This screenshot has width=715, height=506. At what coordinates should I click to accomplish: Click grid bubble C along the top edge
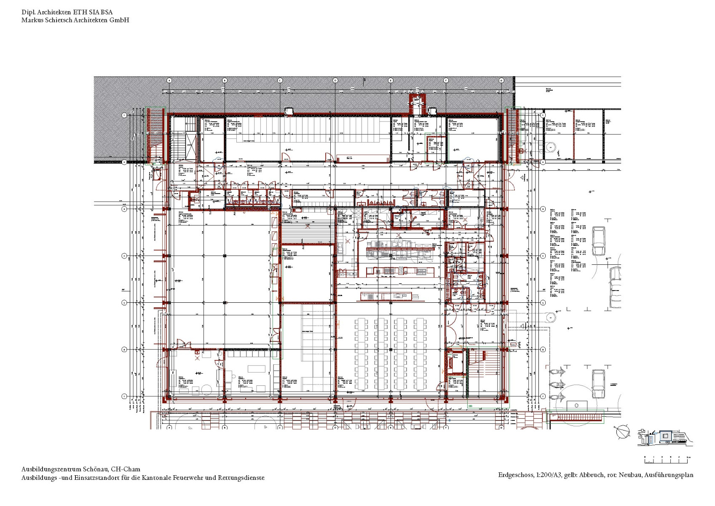click(280, 80)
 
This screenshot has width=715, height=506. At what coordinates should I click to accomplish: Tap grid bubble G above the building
click(501, 80)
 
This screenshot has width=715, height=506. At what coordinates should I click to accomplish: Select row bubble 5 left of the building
click(124, 302)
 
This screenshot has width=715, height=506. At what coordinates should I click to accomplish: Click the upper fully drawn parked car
click(599, 241)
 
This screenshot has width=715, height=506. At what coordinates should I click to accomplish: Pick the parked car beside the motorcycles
click(598, 383)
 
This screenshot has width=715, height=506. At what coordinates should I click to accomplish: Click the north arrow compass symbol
click(622, 432)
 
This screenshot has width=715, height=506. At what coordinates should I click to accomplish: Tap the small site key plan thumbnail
click(666, 437)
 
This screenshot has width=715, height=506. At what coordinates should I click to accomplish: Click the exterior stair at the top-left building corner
click(155, 135)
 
